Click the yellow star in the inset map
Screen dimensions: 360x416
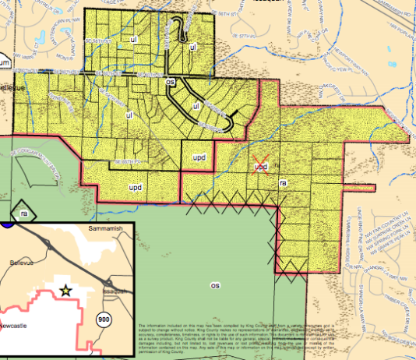(x=66, y=290)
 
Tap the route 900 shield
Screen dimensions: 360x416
(x=104, y=319)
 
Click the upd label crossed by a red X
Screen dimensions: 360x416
(x=262, y=167)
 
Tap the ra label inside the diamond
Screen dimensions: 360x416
(x=24, y=212)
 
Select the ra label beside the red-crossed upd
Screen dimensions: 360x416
(x=284, y=182)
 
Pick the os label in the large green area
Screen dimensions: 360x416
(x=215, y=285)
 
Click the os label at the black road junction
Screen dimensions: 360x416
(x=170, y=81)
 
